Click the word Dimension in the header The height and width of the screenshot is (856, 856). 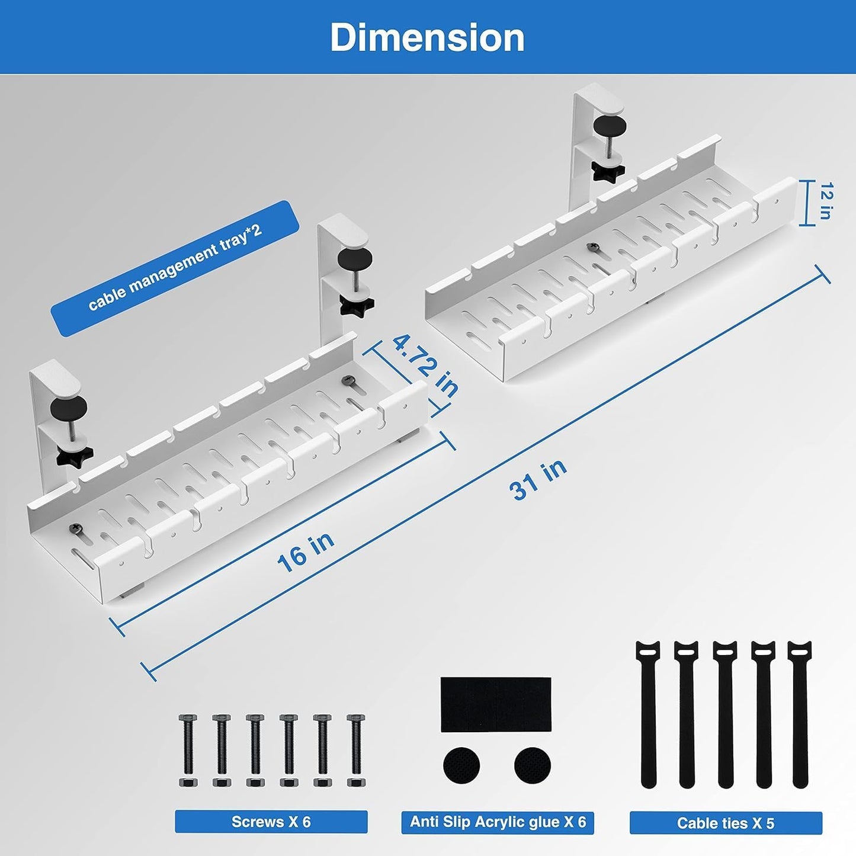(427, 37)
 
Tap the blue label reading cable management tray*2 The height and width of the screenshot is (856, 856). (175, 269)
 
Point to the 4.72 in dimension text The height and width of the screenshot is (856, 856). (426, 366)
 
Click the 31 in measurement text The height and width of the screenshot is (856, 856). (538, 479)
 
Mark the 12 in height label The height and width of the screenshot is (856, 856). (825, 201)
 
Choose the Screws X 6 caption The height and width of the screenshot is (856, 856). (271, 822)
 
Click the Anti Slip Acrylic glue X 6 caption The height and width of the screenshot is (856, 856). (498, 822)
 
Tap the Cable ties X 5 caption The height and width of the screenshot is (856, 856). (725, 823)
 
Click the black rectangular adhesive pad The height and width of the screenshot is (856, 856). (496, 704)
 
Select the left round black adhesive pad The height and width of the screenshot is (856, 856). (461, 765)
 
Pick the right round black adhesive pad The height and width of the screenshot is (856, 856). (533, 765)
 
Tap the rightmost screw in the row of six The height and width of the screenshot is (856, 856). (356, 750)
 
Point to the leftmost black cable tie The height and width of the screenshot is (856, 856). (649, 714)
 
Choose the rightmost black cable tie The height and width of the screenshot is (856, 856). (800, 714)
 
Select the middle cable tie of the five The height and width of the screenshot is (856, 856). (724, 714)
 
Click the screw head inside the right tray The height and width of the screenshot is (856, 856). (591, 247)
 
